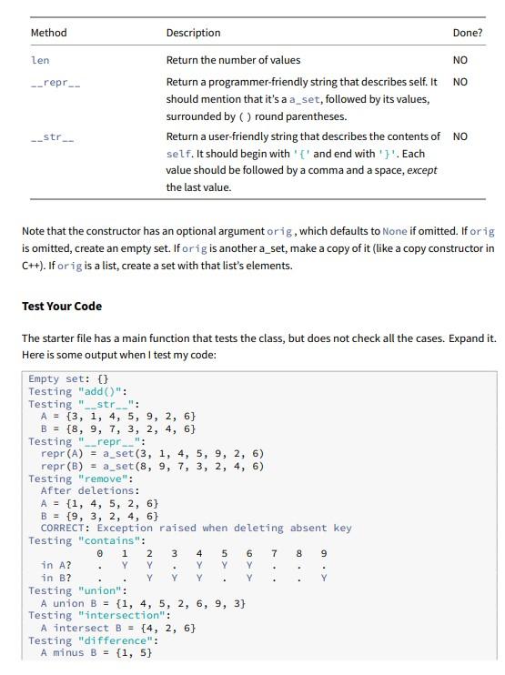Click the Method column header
[x=48, y=33]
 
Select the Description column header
[x=193, y=33]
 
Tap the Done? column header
[x=467, y=33]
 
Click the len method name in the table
[x=40, y=60]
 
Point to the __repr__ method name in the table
[x=56, y=82]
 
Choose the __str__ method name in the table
[x=52, y=136]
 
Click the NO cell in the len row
[x=460, y=60]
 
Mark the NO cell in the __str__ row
[x=460, y=136]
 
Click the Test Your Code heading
[x=62, y=306]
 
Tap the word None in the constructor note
[x=395, y=231]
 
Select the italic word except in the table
[x=421, y=170]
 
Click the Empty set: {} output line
[x=68, y=378]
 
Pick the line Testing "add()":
[x=78, y=391]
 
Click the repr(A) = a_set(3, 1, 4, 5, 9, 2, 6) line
[x=153, y=453]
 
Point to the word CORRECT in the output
[x=65, y=528]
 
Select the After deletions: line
[x=90, y=490]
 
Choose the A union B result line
[x=142, y=603]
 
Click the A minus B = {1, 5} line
[x=96, y=652]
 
